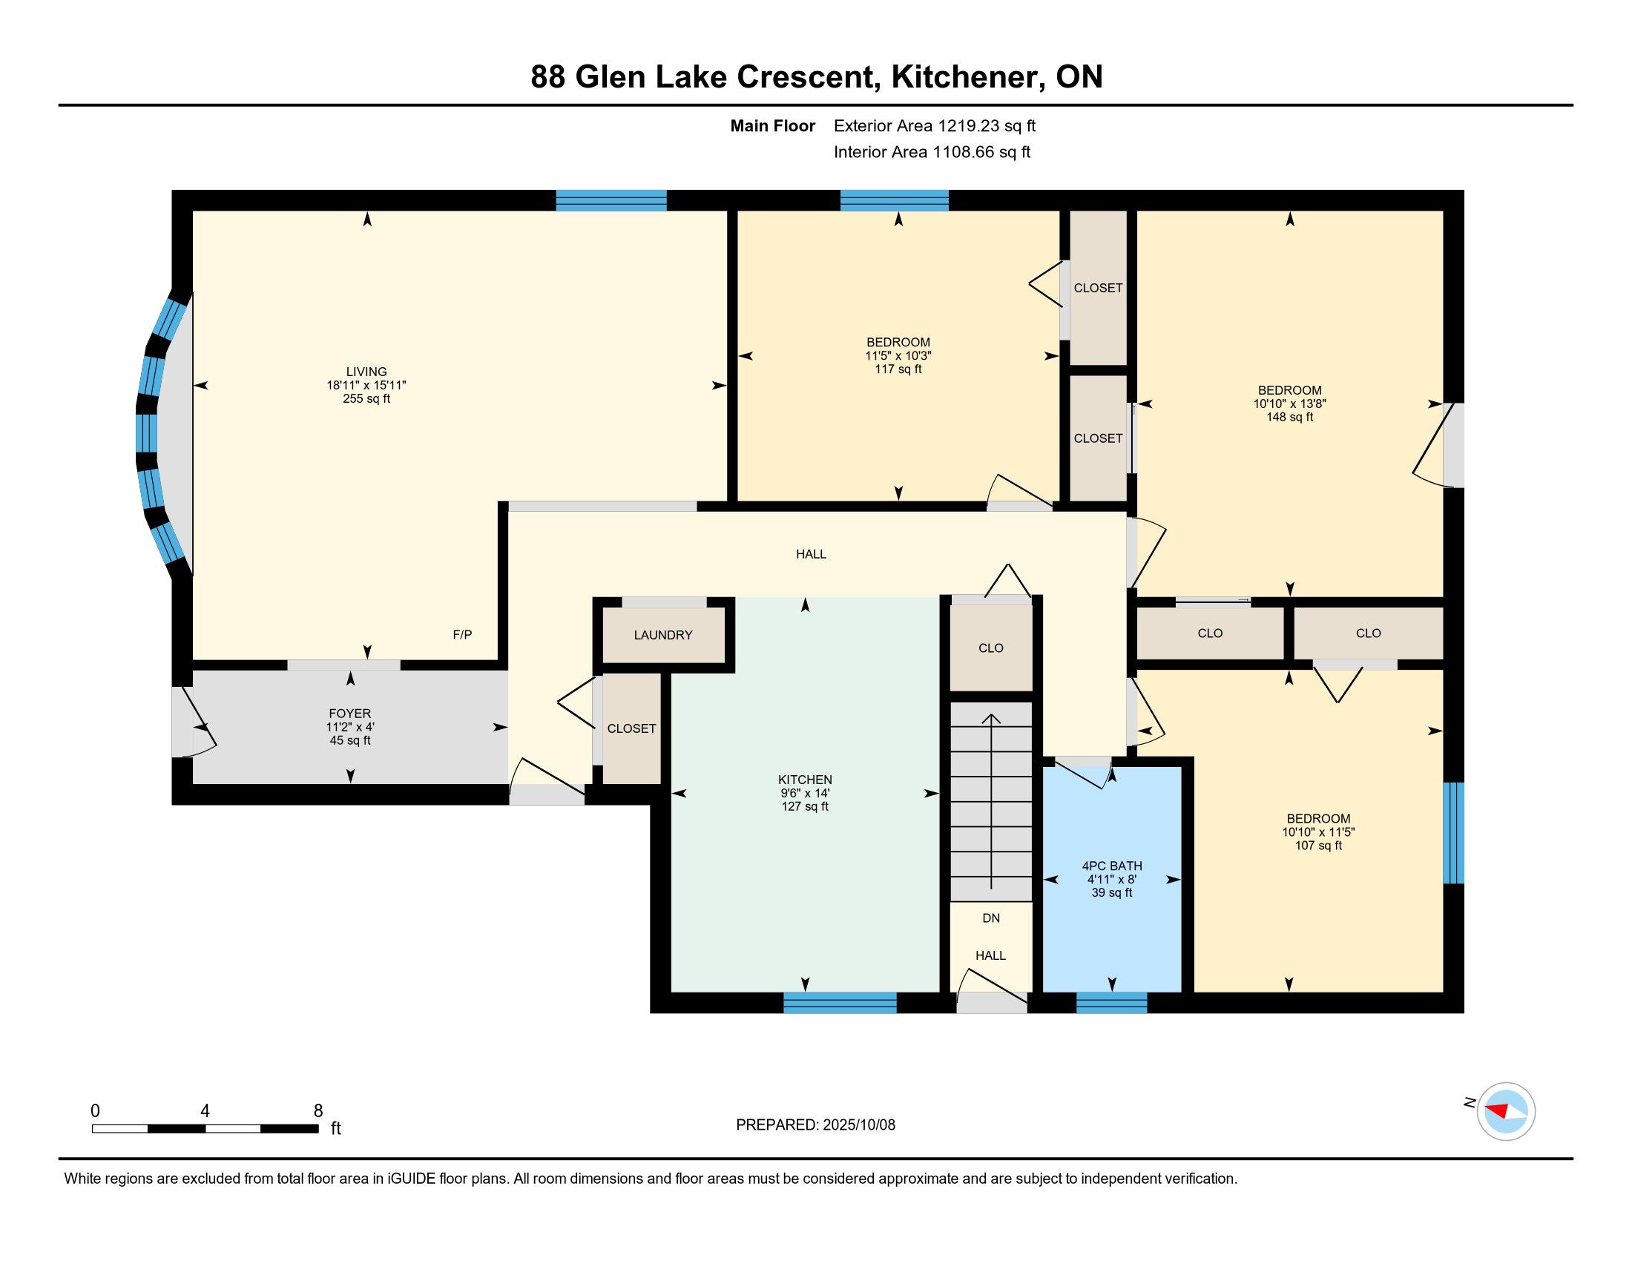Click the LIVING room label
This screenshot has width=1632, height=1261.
click(366, 372)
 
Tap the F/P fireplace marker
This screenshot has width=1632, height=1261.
click(463, 635)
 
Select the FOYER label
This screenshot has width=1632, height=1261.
click(349, 714)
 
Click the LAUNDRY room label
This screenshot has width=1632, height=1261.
click(662, 635)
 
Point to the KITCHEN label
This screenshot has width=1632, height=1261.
click(805, 779)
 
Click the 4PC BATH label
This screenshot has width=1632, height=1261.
click(1112, 866)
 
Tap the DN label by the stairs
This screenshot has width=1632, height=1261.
click(991, 918)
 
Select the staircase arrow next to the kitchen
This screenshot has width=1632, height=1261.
click(991, 802)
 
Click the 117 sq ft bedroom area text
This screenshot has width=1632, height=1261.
click(898, 369)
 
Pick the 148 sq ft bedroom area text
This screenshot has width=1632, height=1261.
click(1290, 417)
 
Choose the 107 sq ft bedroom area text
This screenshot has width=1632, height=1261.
click(1318, 846)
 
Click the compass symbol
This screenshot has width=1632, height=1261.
click(1506, 1111)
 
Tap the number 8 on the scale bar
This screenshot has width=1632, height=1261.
click(318, 1110)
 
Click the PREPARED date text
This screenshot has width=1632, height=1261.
click(815, 1125)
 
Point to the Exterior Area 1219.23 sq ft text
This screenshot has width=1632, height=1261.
click(935, 126)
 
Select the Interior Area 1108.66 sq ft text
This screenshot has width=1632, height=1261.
click(932, 152)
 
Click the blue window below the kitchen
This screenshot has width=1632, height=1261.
click(840, 1003)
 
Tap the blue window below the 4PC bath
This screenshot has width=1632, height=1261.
click(1111, 1003)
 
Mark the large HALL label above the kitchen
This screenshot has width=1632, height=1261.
click(811, 554)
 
